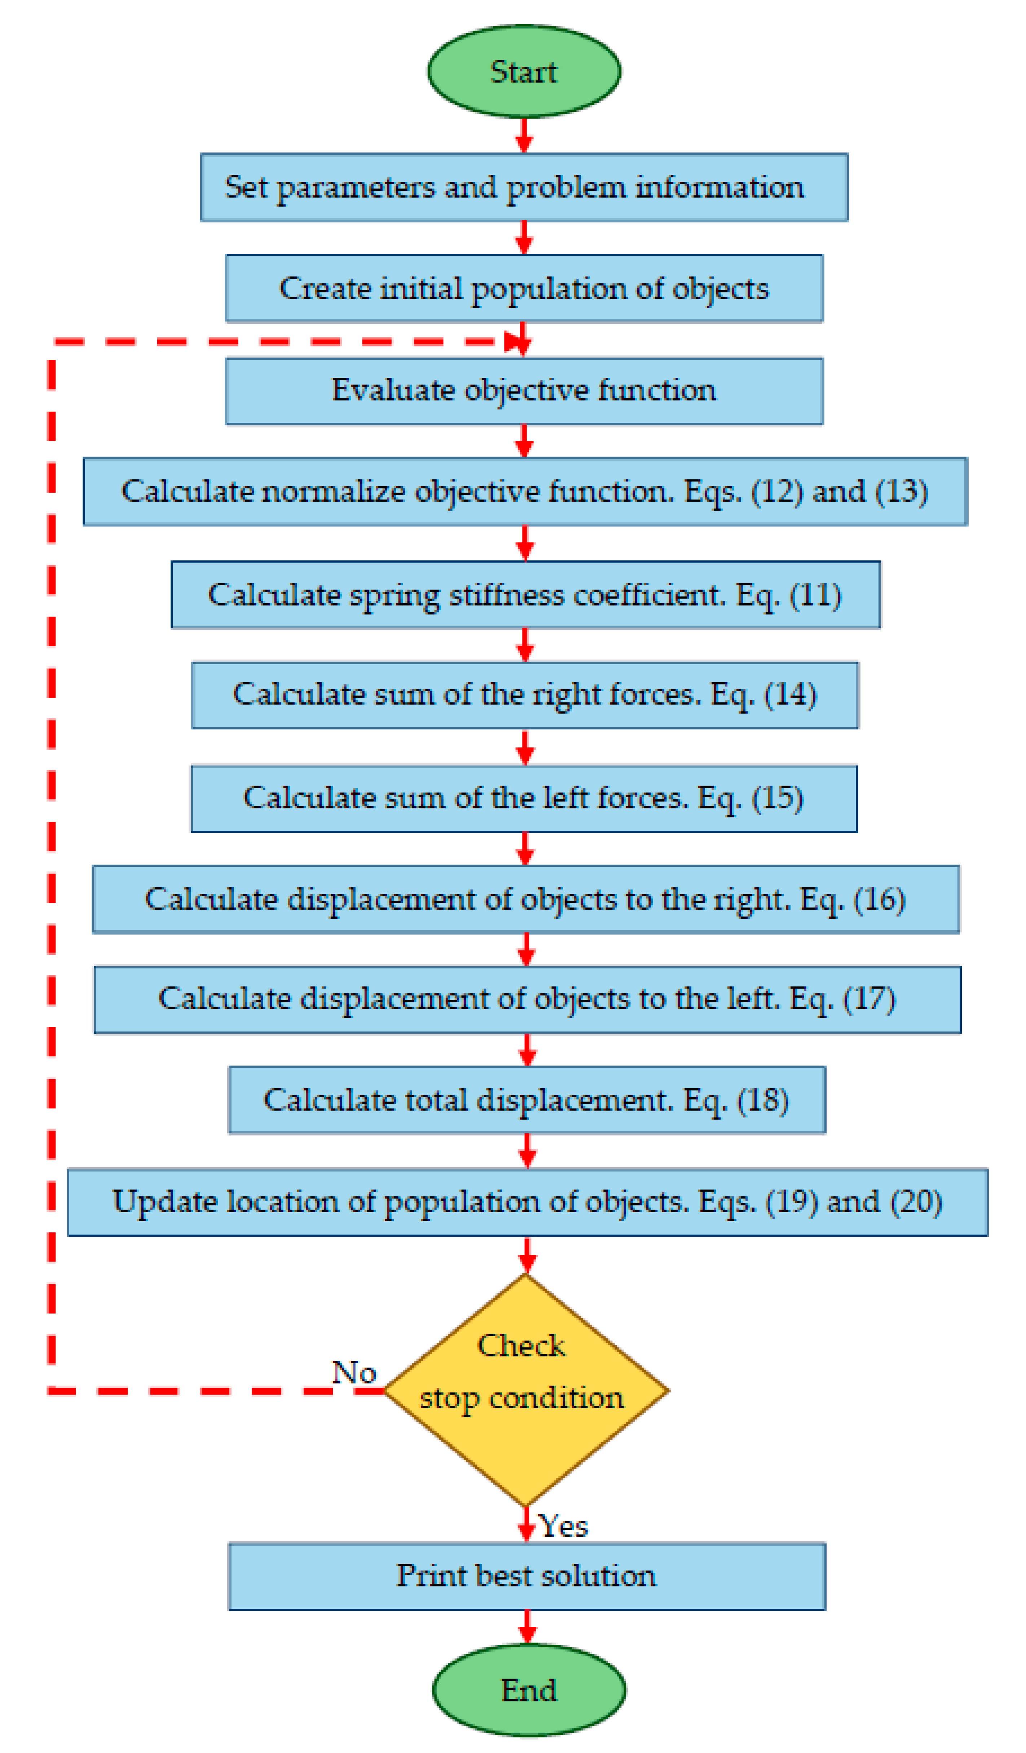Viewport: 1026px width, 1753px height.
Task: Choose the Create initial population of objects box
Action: (524, 288)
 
